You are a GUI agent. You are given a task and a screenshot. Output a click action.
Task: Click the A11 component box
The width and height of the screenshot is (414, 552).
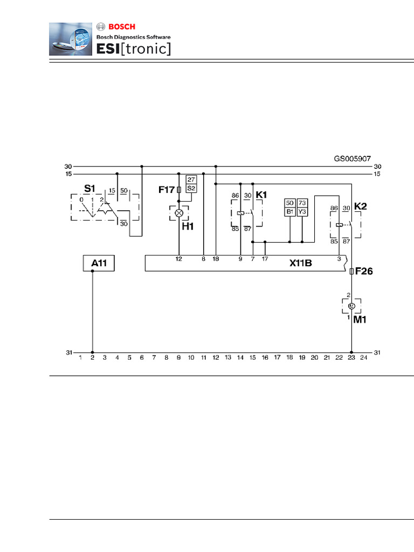point(99,263)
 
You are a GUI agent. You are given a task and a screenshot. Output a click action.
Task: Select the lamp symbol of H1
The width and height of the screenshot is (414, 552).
point(179,213)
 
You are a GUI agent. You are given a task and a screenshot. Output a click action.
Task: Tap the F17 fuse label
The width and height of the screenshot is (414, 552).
point(167,190)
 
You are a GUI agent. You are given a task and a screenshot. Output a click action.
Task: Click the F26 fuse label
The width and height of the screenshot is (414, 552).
point(364,271)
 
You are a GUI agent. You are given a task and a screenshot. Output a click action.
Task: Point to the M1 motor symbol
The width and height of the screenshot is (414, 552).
point(351,306)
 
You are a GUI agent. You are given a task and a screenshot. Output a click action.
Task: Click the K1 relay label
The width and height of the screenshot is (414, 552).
point(261,195)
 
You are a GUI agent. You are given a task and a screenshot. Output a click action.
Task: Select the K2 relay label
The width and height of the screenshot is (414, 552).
point(361,206)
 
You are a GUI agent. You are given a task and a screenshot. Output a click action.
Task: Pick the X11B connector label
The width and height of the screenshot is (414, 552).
point(301,263)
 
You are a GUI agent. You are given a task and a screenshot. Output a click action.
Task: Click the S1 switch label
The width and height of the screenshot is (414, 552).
point(89,189)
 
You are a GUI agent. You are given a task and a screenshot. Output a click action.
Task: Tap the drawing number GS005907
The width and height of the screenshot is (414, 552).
point(353,159)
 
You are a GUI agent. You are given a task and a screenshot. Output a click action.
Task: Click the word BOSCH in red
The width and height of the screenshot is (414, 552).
point(122,27)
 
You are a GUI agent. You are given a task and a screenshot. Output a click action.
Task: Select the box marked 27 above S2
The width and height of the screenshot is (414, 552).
point(191,180)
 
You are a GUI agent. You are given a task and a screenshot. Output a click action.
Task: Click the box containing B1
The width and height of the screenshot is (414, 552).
point(289,211)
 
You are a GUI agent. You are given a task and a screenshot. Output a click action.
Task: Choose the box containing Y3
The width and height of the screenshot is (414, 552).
point(302,211)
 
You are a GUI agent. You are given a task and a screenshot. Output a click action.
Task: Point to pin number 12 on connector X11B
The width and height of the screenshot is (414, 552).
point(179,259)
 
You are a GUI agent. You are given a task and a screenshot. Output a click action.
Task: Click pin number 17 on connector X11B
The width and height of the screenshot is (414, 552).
point(265,259)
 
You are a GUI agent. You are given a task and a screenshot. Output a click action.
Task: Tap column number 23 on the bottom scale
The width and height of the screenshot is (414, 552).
point(351,358)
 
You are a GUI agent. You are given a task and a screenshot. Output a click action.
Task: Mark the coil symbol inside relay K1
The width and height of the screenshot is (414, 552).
point(241,213)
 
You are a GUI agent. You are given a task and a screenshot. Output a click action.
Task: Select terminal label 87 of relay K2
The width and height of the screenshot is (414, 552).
point(347,241)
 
